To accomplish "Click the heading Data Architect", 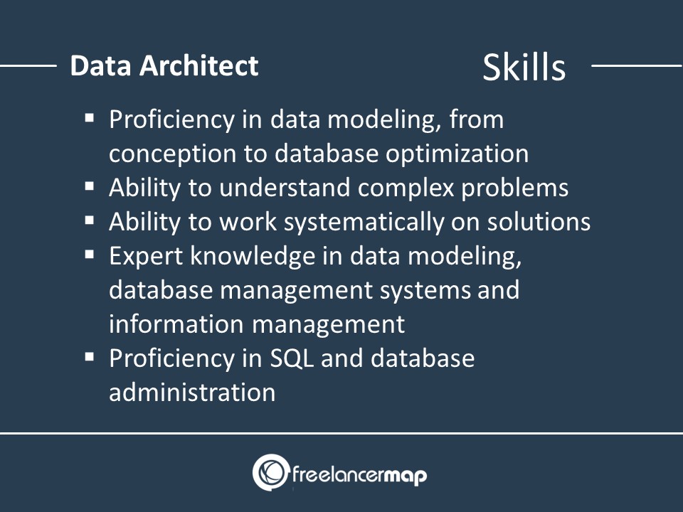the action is (x=164, y=65).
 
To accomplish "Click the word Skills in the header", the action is (x=524, y=67).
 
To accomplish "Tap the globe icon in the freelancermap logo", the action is (x=271, y=472).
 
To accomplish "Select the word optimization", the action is (x=457, y=154).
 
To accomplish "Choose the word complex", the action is (x=406, y=188).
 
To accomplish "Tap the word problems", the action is (x=515, y=188).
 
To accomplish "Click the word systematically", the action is (x=364, y=223).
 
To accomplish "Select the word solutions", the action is (x=539, y=222).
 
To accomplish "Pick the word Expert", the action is (x=146, y=257).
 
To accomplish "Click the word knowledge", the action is (x=253, y=257).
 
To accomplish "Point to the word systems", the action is (x=425, y=291).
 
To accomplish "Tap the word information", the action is (x=176, y=324).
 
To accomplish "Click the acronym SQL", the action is (x=292, y=358).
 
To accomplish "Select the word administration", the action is (x=192, y=393).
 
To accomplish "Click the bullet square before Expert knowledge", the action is (x=90, y=255).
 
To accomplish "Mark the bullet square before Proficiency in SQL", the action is (x=90, y=357).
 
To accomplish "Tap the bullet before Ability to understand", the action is (x=90, y=186).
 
